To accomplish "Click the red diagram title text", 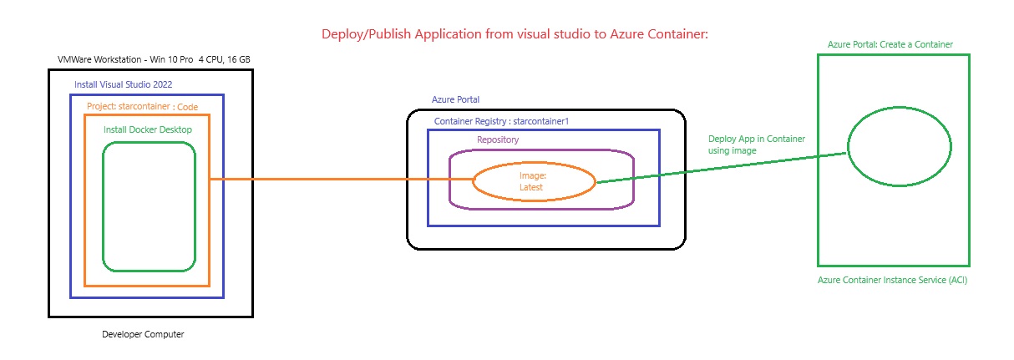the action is [515, 34].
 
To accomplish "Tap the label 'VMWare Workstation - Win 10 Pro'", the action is [125, 59].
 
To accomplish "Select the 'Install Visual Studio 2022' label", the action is [123, 84].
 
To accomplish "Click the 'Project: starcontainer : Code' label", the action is [143, 106].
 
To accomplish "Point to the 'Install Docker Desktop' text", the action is [148, 129].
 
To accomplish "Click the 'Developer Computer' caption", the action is [143, 334].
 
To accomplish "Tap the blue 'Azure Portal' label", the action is [455, 99].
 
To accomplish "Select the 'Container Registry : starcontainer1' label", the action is [501, 121].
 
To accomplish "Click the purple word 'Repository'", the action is [498, 139].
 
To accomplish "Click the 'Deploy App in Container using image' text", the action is [757, 145].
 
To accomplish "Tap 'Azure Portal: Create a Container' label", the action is [890, 44].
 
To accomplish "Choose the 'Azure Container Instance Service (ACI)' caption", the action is [892, 280].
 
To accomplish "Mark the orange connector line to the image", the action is [342, 180].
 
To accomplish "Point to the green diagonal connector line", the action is [722, 168].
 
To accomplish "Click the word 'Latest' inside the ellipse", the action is [531, 187].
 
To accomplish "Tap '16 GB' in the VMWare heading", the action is [239, 59].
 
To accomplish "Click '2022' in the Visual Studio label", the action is [163, 84].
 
